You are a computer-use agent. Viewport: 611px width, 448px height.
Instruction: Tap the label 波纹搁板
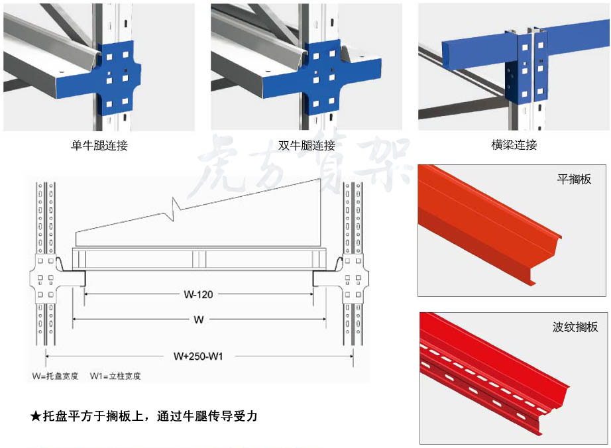[x=575, y=327]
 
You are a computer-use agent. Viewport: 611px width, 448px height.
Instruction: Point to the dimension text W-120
[x=198, y=294]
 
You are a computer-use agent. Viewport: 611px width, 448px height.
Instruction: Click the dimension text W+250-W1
[x=198, y=356]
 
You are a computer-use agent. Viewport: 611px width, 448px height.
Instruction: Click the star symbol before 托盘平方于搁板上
[x=36, y=417]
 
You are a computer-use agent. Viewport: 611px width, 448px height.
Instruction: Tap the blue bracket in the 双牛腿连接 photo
[x=325, y=76]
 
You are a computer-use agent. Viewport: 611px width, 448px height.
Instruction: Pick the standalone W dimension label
[x=198, y=320]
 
